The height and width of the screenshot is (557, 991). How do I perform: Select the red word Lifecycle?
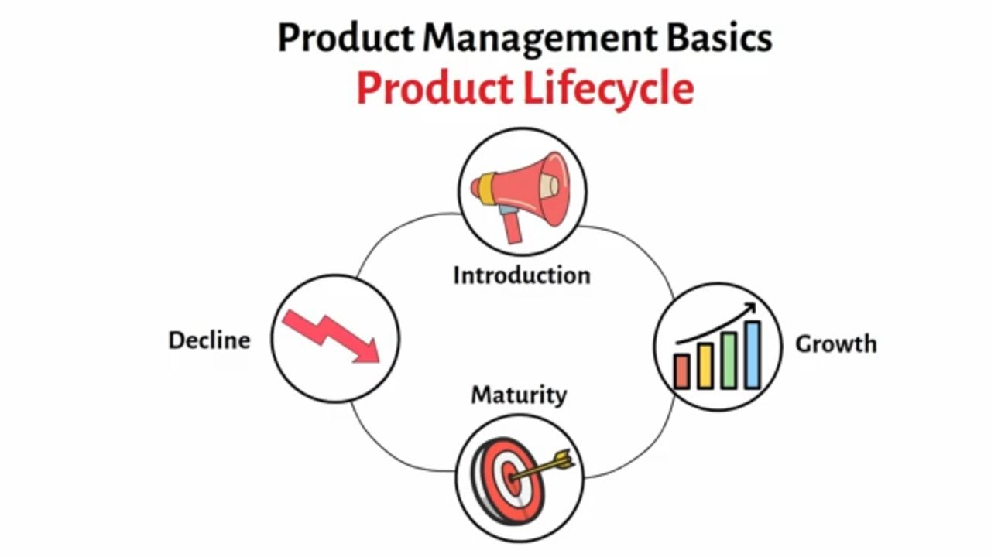click(608, 90)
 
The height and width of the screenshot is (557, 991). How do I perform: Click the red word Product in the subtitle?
click(435, 88)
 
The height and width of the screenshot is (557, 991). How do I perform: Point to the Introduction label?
click(521, 275)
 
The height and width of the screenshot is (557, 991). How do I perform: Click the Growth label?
click(836, 343)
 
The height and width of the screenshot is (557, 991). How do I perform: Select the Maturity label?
click(519, 395)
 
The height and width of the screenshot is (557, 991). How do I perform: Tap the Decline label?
click(209, 340)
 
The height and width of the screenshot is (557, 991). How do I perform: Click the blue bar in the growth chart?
click(752, 355)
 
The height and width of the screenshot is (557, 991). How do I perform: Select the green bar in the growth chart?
click(729, 361)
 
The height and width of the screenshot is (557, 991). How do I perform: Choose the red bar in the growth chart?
click(681, 371)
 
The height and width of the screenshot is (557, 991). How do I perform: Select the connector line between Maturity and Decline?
click(387, 449)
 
